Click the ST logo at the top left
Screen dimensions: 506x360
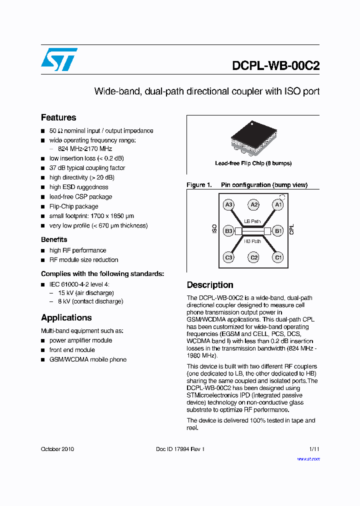click(x=59, y=59)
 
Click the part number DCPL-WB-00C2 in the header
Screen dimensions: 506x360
click(x=275, y=66)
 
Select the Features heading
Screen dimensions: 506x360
click(x=58, y=117)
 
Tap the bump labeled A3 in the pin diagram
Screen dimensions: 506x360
click(x=229, y=204)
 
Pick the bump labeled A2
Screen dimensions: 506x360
click(x=254, y=204)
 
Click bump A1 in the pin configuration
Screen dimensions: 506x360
click(x=278, y=204)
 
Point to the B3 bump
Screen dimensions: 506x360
click(x=229, y=231)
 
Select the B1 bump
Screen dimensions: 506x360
click(x=278, y=231)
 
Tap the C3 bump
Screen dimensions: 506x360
click(x=229, y=257)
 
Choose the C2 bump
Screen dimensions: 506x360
click(x=254, y=257)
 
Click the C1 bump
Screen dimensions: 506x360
click(x=278, y=257)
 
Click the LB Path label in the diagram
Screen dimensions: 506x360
click(x=252, y=221)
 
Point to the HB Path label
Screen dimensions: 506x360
click(x=252, y=241)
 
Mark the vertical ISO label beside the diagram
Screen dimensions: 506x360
click(x=214, y=229)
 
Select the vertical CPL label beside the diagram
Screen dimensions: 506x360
click(x=292, y=229)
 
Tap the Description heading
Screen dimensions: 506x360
click(x=210, y=285)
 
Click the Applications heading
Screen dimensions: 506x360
click(x=66, y=317)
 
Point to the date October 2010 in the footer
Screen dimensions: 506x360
click(x=57, y=449)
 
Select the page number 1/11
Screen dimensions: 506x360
click(x=314, y=449)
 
